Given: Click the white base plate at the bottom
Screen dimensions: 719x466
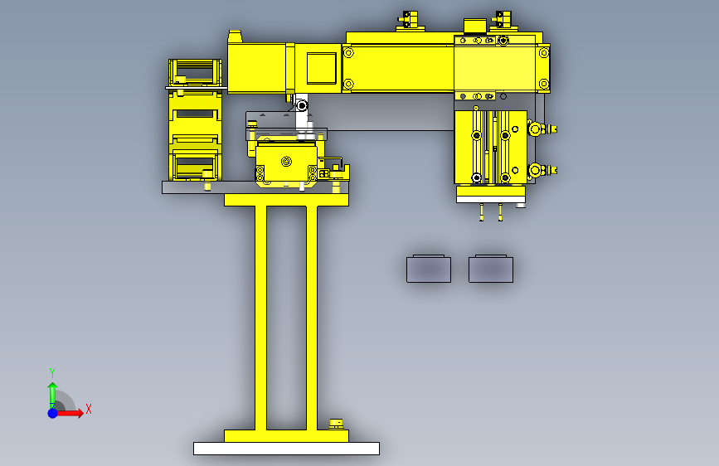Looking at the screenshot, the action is click(286, 448).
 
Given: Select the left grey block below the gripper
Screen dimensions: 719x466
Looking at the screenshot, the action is click(429, 269).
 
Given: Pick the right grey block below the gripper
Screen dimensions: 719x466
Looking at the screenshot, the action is click(491, 269).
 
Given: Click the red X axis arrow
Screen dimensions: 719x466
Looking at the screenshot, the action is click(70, 413).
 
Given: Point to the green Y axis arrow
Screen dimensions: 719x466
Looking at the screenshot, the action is click(53, 396).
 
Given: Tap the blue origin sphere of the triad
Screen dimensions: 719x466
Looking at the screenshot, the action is click(53, 413).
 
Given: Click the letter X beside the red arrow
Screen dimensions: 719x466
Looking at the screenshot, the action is click(89, 409).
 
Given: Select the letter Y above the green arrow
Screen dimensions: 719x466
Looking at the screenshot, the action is click(52, 372).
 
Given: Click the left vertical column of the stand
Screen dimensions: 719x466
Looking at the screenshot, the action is click(260, 318).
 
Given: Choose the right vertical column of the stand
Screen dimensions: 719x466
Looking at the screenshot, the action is click(312, 318).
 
